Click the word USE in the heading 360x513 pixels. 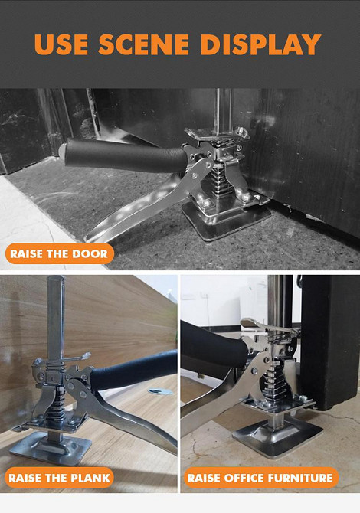click(61, 44)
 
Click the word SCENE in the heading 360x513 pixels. click(144, 44)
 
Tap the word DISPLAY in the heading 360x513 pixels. click(260, 44)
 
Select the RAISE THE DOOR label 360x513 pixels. click(59, 253)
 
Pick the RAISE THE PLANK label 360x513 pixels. click(59, 478)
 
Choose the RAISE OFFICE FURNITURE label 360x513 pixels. click(261, 478)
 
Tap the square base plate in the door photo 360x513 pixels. click(227, 217)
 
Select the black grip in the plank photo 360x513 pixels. click(134, 369)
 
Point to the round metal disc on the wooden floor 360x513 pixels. click(160, 391)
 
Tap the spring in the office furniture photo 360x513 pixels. click(273, 381)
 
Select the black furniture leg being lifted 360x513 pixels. click(331, 342)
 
